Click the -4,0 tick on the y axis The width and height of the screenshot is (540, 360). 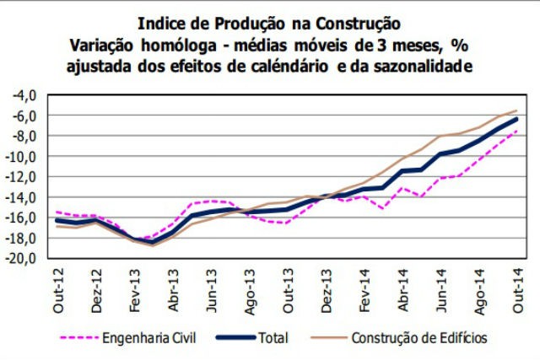(23, 94)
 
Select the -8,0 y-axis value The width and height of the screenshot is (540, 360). (23, 136)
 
